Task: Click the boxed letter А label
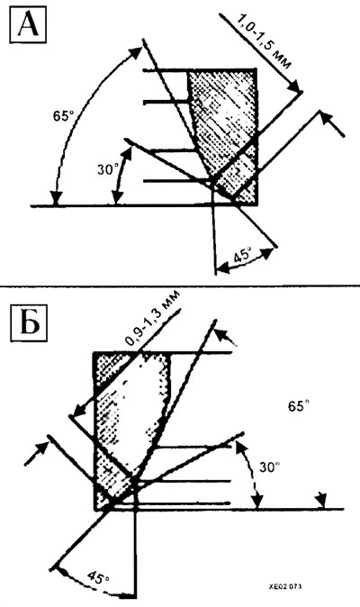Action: point(28,25)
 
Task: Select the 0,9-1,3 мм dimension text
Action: point(153,320)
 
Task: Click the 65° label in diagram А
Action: point(63,116)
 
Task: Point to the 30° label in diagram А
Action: point(107,169)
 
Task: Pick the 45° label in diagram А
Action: point(243,257)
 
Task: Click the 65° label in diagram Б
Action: point(299,406)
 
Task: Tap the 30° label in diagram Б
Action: point(269,467)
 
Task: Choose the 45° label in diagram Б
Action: point(98,578)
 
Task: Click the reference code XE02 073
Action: point(285,586)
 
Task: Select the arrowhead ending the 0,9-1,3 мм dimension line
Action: point(79,410)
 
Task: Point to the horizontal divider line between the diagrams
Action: point(180,286)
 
